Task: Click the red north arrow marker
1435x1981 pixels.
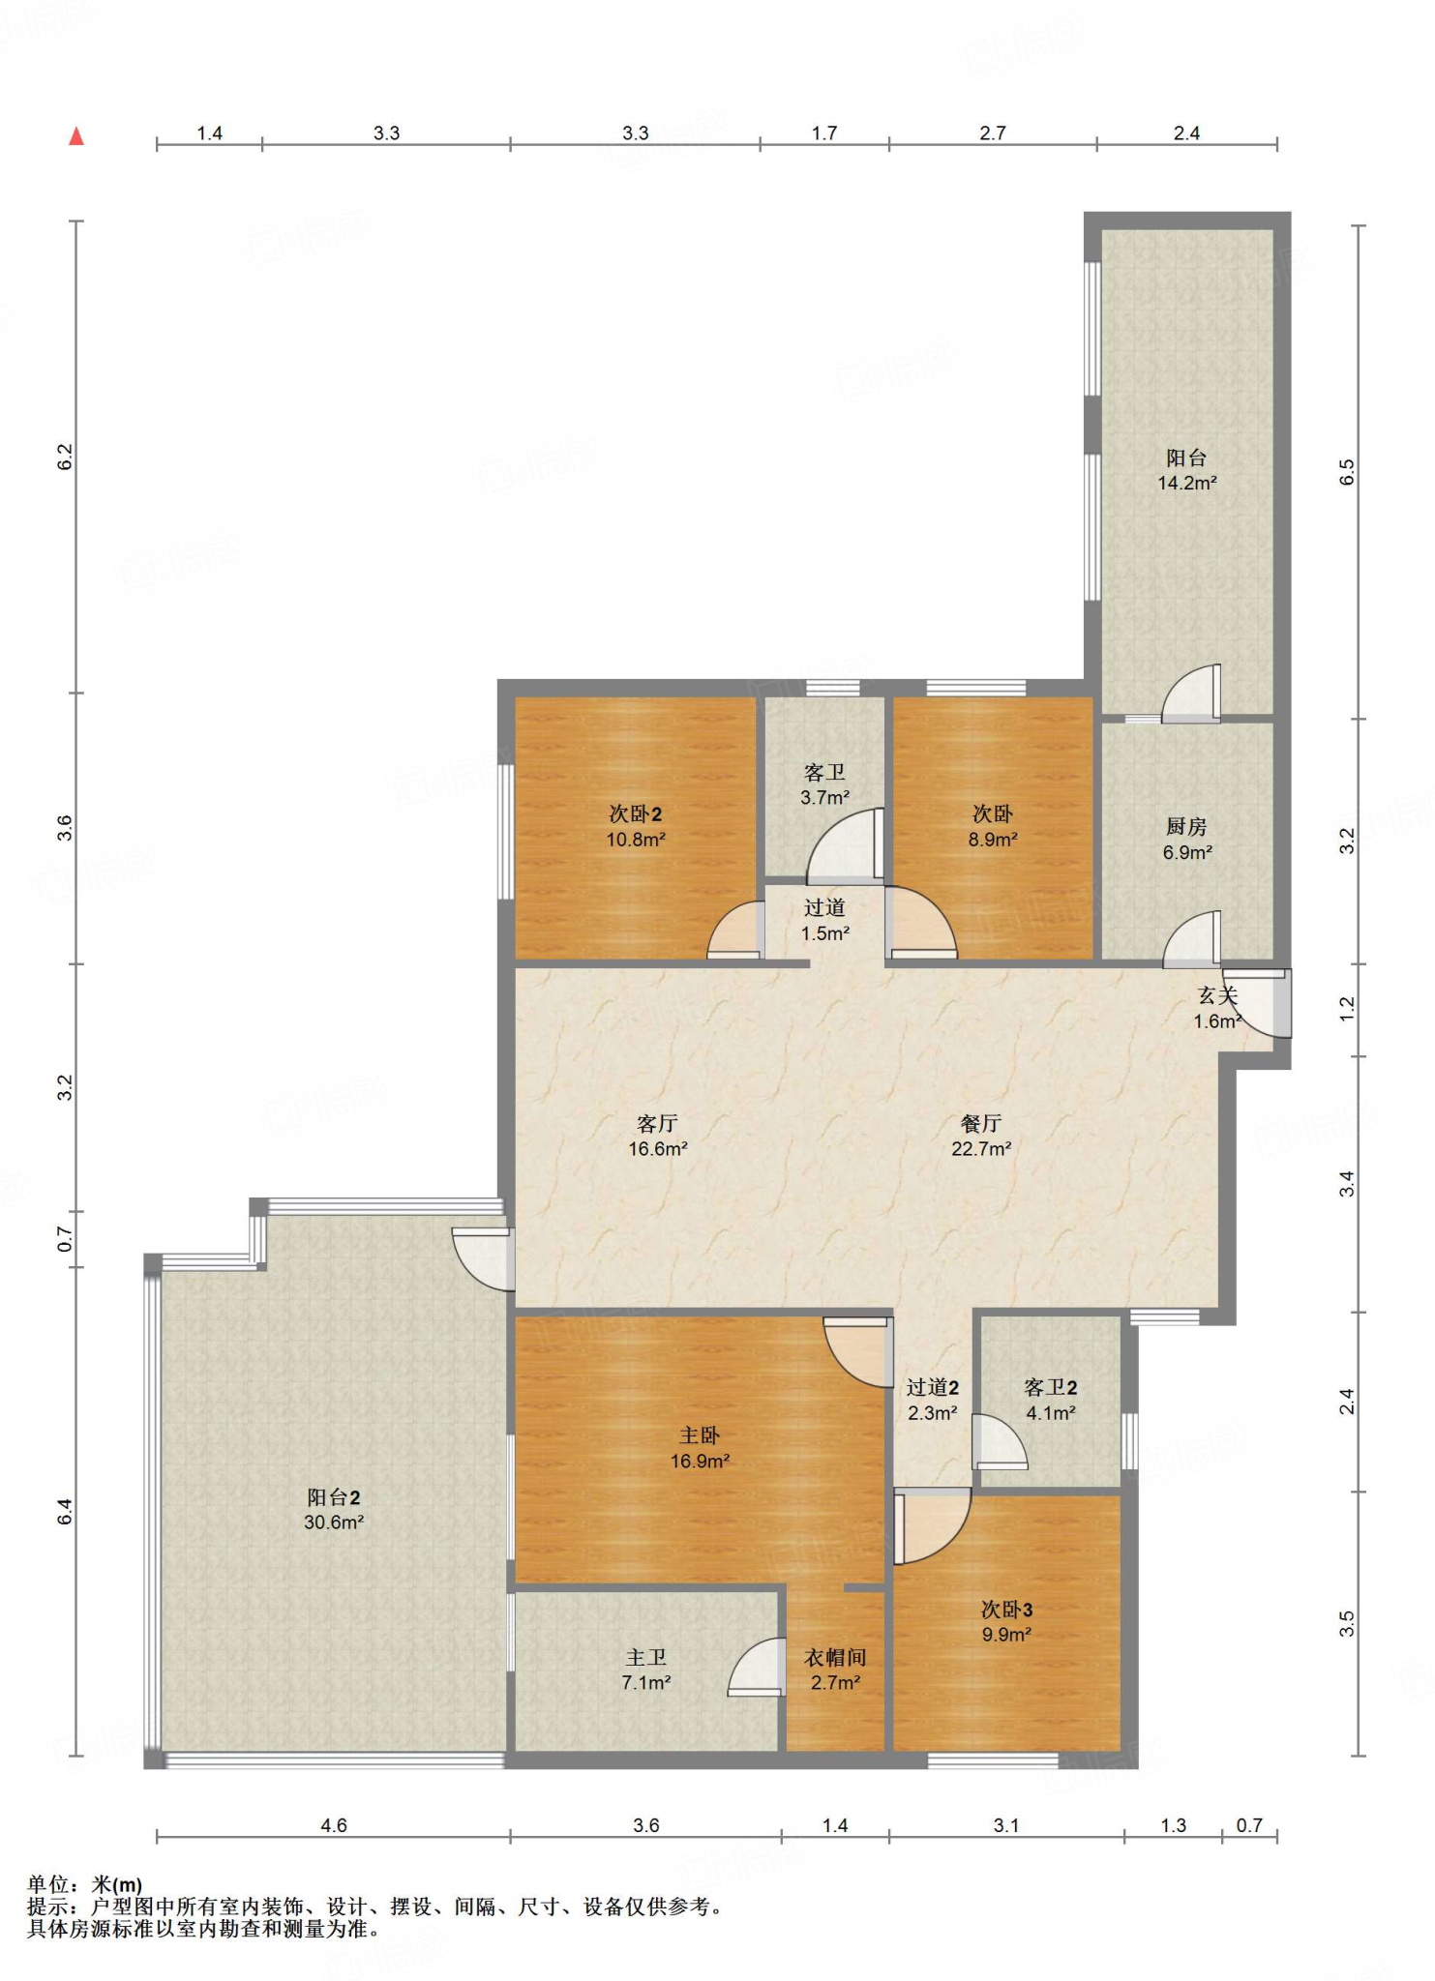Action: (76, 136)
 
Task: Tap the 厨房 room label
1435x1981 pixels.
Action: (1186, 827)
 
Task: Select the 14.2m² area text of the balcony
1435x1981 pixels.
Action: (1187, 484)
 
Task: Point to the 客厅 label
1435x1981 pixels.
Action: (657, 1124)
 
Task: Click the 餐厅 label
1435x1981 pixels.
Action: (981, 1124)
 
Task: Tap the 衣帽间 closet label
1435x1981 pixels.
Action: (835, 1658)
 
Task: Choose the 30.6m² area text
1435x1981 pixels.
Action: (334, 1523)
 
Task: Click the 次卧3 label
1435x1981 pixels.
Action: (1006, 1610)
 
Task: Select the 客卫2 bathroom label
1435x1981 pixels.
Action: (1051, 1388)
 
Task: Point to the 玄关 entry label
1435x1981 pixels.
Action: (1217, 995)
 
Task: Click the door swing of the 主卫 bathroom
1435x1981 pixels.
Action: (756, 1667)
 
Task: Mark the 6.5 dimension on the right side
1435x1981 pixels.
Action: (1347, 472)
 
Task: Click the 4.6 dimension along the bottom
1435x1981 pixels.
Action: (334, 1825)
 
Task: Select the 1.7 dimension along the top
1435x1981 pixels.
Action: (824, 133)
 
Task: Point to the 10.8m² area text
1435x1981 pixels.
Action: (636, 840)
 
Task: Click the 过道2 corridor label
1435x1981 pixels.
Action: (933, 1388)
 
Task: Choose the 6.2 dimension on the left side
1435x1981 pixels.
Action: (65, 457)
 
